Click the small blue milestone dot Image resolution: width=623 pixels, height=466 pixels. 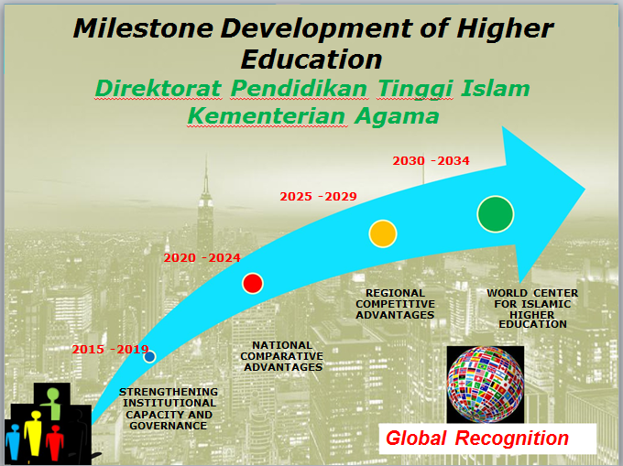[x=149, y=356]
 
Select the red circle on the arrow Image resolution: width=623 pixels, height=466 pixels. [x=253, y=284]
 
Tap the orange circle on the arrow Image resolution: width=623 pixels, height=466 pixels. [x=383, y=233]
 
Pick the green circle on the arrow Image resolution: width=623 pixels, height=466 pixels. [x=496, y=214]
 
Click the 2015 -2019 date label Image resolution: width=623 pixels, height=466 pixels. [x=110, y=350]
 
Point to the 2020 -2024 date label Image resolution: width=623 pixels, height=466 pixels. [x=202, y=258]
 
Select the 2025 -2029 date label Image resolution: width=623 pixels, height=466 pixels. [x=318, y=197]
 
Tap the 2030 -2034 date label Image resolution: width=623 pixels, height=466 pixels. [x=432, y=161]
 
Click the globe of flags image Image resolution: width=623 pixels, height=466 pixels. [x=486, y=385]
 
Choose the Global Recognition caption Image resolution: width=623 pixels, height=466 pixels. [x=477, y=439]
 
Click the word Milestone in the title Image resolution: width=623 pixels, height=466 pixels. [x=143, y=28]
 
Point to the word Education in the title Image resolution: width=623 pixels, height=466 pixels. [x=311, y=60]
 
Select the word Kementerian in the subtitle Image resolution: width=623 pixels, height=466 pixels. [x=267, y=116]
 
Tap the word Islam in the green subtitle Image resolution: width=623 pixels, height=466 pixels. [x=495, y=88]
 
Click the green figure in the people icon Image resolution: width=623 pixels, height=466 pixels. [x=52, y=403]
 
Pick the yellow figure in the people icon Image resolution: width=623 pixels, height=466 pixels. [x=34, y=433]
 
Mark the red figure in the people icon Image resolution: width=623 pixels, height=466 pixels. [x=54, y=442]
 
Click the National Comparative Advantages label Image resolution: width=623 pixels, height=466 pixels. [x=282, y=356]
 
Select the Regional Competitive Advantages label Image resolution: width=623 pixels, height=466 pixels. [x=396, y=304]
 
